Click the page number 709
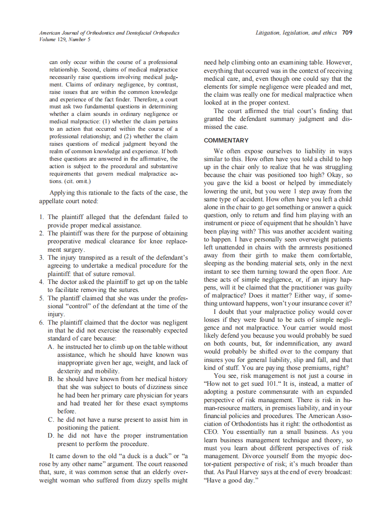347,33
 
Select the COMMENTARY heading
226,140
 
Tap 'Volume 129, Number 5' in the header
65,39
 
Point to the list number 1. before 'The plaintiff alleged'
42,217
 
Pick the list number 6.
42,322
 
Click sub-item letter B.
51,379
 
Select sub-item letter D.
51,435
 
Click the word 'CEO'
212,432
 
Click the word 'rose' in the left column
46,464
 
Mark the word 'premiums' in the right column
312,368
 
